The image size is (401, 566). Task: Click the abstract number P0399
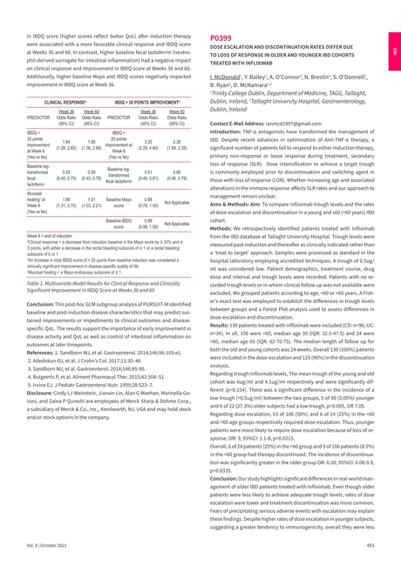pos(222,39)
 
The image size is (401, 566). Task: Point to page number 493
pos(370,544)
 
